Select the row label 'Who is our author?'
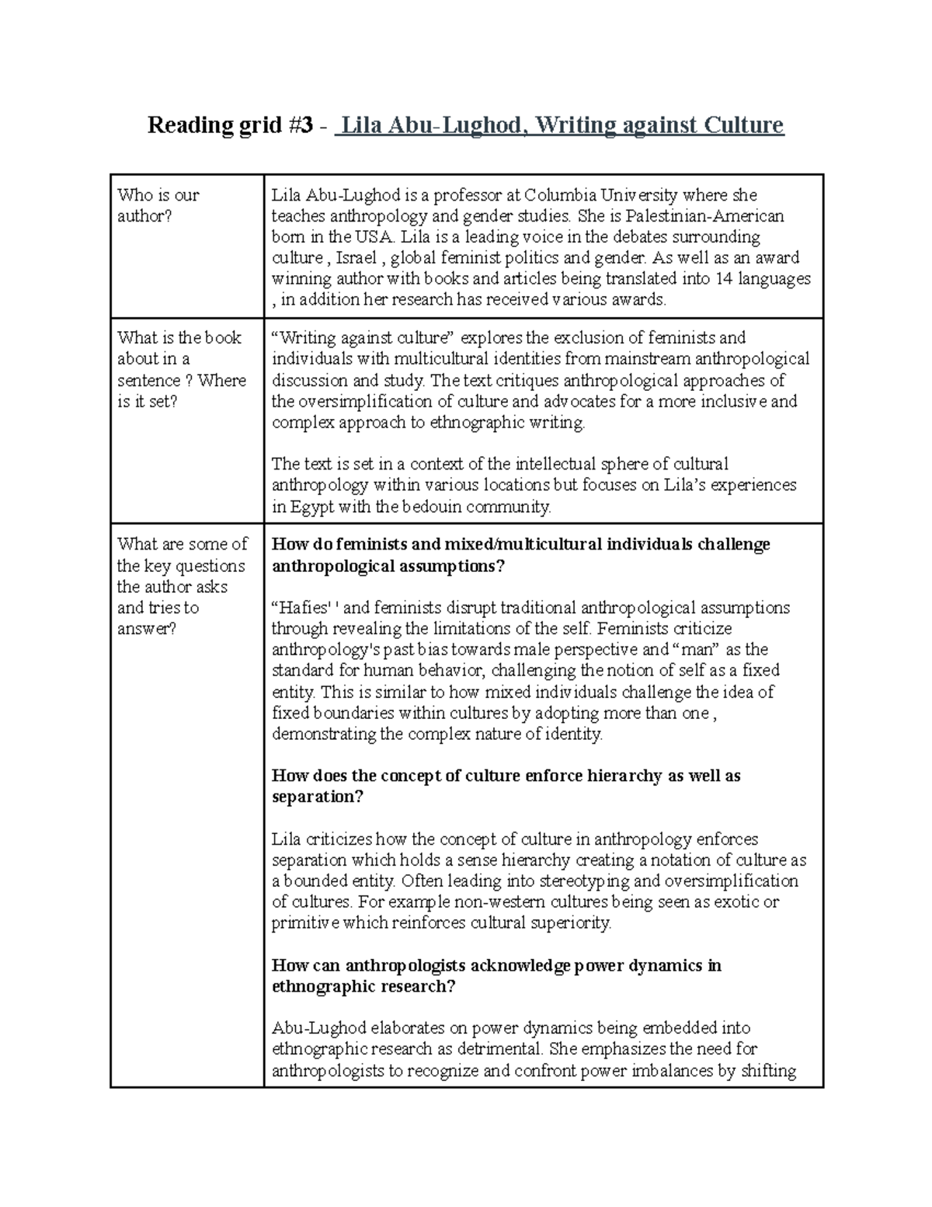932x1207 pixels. (x=158, y=205)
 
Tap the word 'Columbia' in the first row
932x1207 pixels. (x=557, y=194)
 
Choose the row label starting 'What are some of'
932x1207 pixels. (x=182, y=586)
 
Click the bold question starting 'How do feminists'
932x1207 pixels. (x=520, y=555)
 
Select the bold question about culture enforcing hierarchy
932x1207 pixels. (x=506, y=786)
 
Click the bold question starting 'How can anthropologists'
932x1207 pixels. (x=496, y=975)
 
